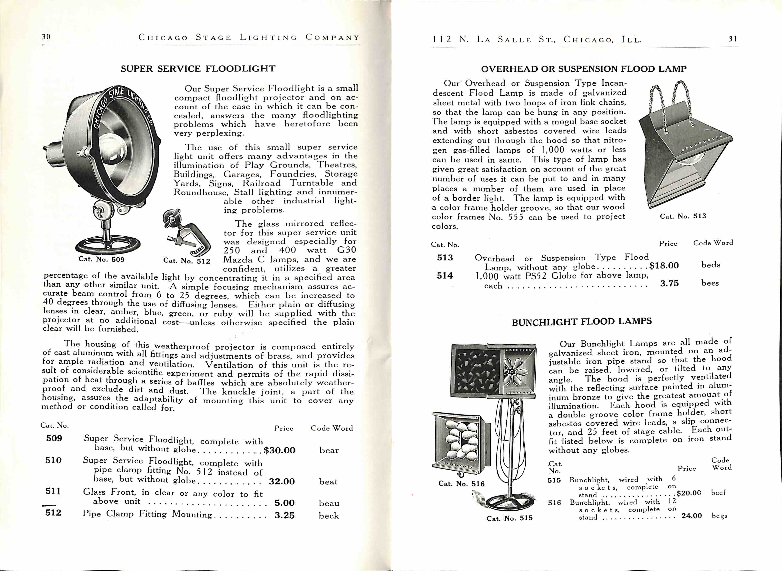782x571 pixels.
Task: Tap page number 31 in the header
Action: click(733, 39)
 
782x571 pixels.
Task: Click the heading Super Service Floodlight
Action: click(198, 69)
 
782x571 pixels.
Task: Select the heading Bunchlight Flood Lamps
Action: click(582, 322)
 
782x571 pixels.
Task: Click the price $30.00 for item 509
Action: click(279, 450)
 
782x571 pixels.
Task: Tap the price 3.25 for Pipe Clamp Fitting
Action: click(284, 515)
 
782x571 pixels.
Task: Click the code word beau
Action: click(329, 503)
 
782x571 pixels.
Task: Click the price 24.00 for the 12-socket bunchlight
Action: click(691, 516)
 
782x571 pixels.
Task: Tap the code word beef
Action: click(718, 493)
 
